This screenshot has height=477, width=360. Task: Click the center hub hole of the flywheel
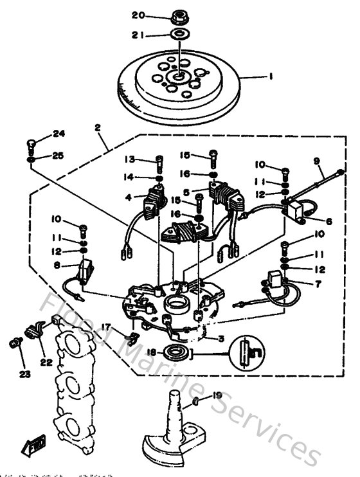(177, 80)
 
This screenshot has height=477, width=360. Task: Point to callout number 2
(98, 128)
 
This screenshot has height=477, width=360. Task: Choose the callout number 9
(316, 161)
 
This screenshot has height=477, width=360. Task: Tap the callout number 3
(221, 339)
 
